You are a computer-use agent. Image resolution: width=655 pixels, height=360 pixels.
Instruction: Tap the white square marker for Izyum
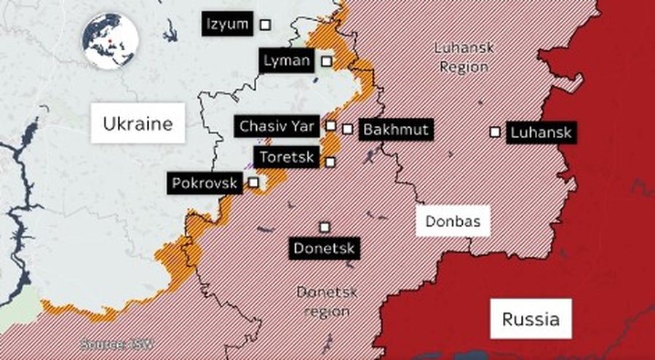tap(266, 25)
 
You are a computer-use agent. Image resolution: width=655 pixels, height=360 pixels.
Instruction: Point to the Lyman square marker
tap(327, 61)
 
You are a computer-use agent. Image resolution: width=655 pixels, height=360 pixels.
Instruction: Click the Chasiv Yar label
tap(277, 126)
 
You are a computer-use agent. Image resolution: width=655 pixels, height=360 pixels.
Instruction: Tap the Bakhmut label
tap(395, 129)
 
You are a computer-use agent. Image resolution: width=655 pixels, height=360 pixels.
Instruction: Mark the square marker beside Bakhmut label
tap(348, 129)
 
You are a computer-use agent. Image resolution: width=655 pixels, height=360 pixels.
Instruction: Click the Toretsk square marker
tap(330, 162)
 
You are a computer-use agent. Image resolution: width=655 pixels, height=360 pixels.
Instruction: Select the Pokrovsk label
tap(205, 183)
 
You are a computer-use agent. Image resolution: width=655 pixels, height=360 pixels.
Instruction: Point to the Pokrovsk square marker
tap(253, 182)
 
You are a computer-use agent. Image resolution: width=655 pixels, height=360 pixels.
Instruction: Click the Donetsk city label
tap(324, 249)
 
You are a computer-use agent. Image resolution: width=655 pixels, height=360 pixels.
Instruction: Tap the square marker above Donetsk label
tap(324, 227)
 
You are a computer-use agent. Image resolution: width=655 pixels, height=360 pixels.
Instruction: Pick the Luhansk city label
tap(541, 132)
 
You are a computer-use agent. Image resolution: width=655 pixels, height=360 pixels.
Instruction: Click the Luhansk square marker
tap(495, 132)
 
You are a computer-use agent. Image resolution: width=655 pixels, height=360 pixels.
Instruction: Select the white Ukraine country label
tap(138, 124)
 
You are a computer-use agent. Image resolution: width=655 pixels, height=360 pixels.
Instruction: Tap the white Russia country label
tap(531, 319)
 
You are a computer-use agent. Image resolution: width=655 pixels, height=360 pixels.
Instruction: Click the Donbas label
tap(453, 222)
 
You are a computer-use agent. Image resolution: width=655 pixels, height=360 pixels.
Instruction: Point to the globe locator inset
tap(110, 41)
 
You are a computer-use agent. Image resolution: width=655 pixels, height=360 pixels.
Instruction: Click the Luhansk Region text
tap(464, 57)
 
